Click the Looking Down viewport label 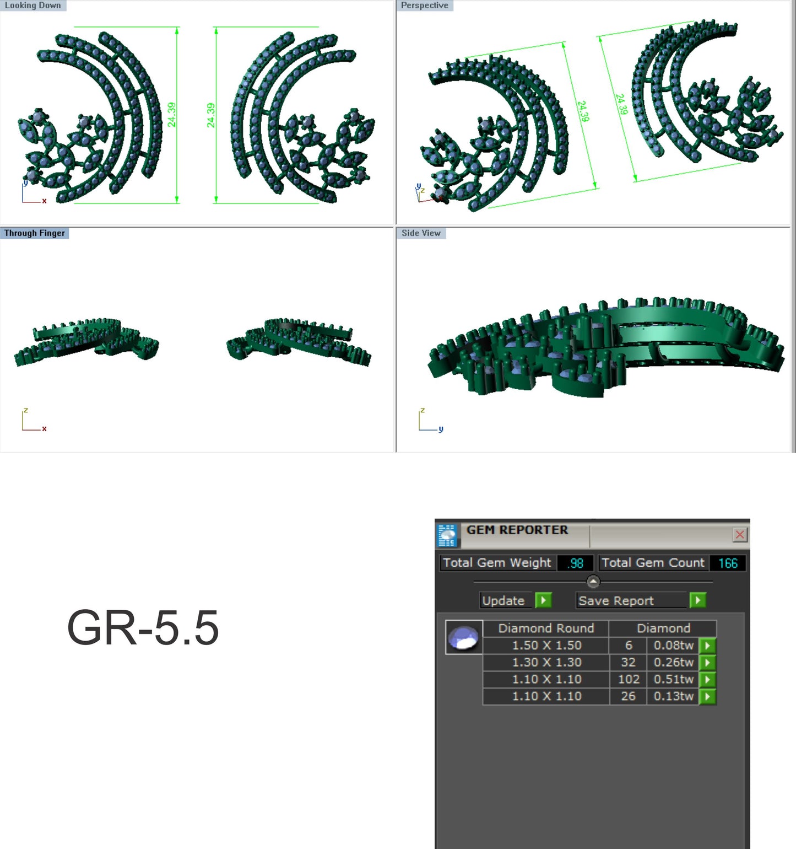(x=33, y=6)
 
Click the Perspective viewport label (x=424, y=6)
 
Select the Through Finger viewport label (x=34, y=233)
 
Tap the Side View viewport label (x=421, y=233)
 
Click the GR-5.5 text (x=143, y=627)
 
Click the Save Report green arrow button (x=697, y=600)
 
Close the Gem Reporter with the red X (x=739, y=534)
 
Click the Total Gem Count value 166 (x=727, y=563)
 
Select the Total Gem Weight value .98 (x=576, y=563)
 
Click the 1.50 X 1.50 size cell (x=546, y=645)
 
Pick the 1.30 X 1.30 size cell (x=546, y=662)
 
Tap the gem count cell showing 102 (x=629, y=679)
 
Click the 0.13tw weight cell (x=673, y=696)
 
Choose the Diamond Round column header (x=546, y=628)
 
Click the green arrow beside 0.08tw (x=707, y=645)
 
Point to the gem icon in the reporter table (x=464, y=637)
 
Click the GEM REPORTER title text (x=517, y=530)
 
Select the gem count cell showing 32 (x=629, y=662)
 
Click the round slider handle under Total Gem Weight (x=593, y=581)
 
